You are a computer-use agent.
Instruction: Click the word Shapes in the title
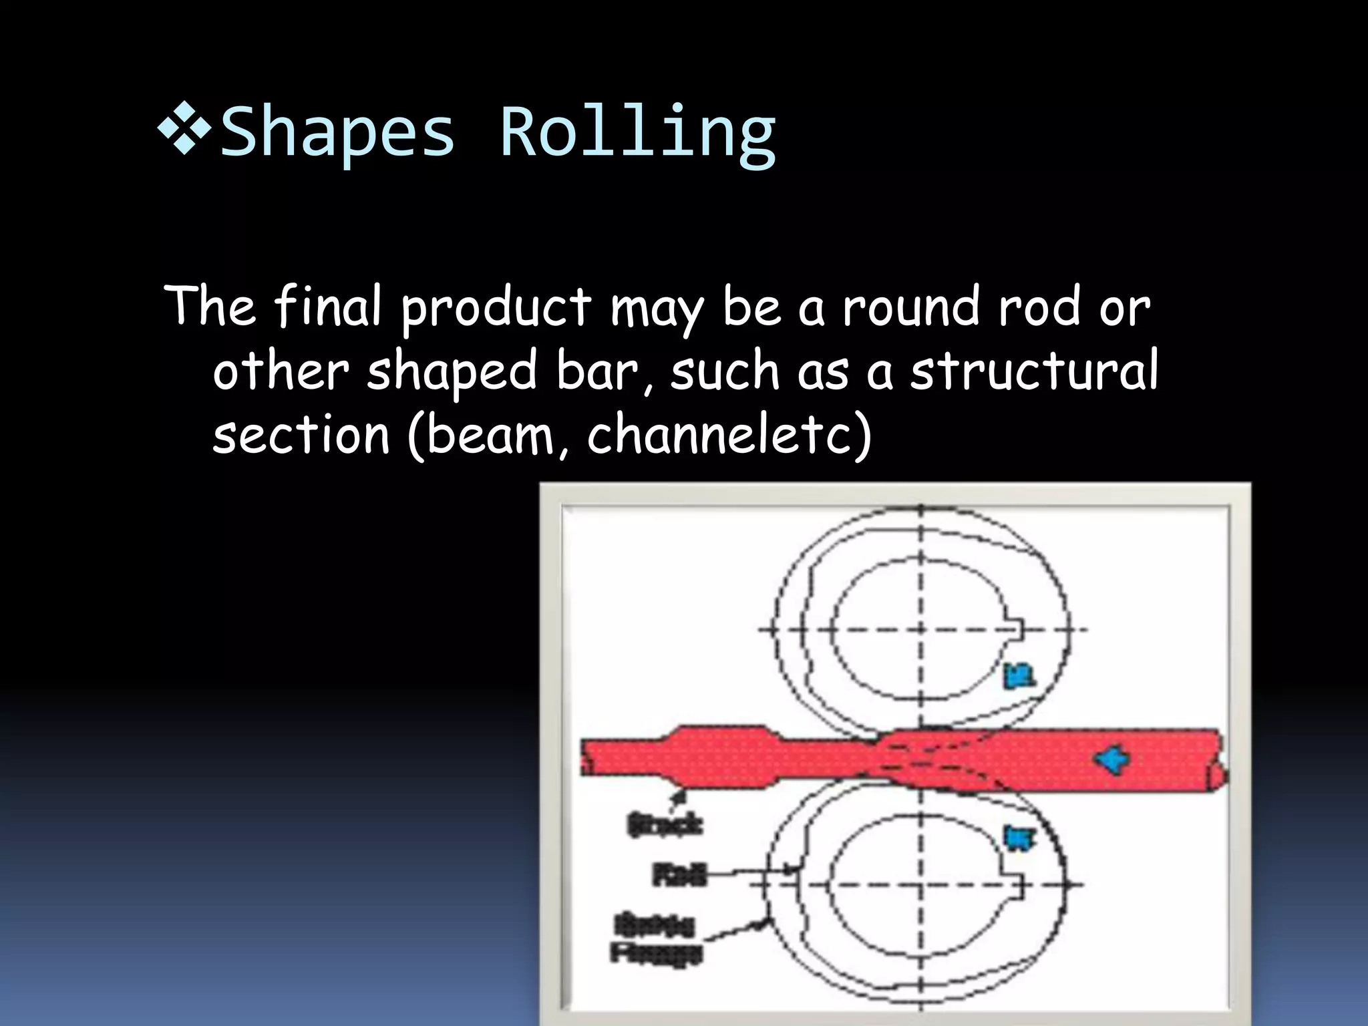[x=337, y=134]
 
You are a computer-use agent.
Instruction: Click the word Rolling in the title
[x=638, y=134]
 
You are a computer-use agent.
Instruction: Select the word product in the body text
[x=496, y=308]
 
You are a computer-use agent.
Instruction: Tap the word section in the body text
[x=301, y=434]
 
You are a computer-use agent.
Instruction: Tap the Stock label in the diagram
[x=665, y=825]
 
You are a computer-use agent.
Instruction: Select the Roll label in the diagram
[x=679, y=874]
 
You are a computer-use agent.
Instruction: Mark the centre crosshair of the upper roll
[x=921, y=629]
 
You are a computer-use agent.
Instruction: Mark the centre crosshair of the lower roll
[x=921, y=885]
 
